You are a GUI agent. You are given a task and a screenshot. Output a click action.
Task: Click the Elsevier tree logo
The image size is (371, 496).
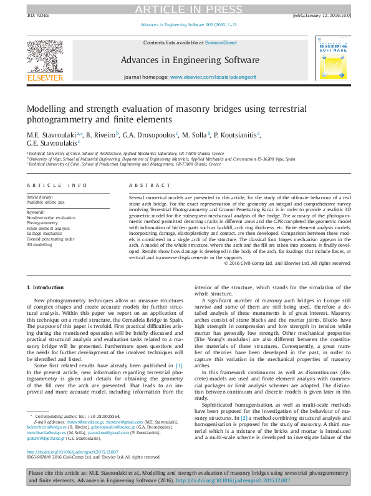point(45,60)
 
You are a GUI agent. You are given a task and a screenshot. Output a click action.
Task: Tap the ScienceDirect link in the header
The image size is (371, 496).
point(221,42)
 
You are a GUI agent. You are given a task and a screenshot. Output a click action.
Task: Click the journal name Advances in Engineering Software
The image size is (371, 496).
point(190,61)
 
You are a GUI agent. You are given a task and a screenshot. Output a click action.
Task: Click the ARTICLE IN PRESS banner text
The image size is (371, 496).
point(185,8)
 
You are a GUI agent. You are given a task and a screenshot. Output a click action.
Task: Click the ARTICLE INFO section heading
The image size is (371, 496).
point(57,186)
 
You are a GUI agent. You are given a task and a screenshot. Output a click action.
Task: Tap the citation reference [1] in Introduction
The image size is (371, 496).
point(179,348)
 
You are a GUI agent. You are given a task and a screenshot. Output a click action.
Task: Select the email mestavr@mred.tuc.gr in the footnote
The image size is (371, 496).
point(84,422)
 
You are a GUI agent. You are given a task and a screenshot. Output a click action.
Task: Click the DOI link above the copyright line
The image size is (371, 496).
point(72,453)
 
